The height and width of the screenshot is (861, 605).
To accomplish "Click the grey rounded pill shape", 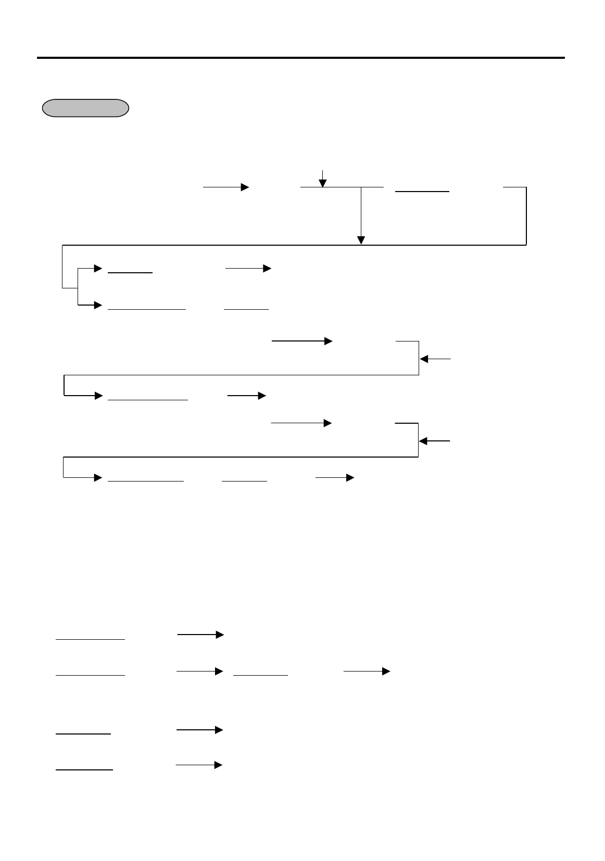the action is tap(85, 108).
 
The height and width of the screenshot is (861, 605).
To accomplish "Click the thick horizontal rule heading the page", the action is tap(300, 58).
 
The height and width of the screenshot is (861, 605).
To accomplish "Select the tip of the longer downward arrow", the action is tap(361, 240).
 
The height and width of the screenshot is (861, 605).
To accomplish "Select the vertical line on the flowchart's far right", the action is tap(526, 216).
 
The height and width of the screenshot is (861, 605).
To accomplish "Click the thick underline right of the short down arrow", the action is tap(422, 192).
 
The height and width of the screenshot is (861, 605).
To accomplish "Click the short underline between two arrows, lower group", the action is tap(260, 675).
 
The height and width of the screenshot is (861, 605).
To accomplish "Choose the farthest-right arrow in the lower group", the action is tap(367, 672).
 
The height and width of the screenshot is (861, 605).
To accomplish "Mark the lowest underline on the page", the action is tap(84, 769).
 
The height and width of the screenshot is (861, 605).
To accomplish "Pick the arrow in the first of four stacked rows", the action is tap(201, 635).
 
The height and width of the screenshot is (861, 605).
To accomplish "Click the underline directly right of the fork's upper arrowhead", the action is tap(130, 272).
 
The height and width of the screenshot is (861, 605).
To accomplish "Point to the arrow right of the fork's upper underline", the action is tap(248, 269).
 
